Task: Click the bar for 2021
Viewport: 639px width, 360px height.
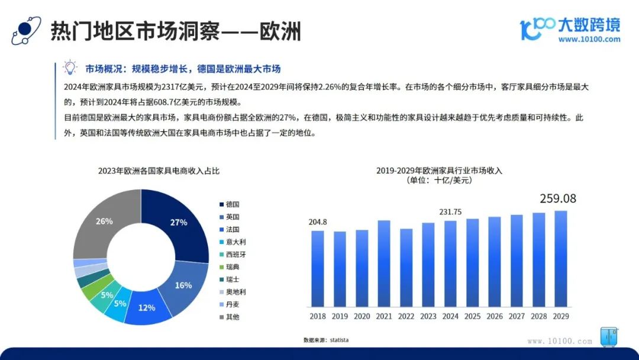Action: [x=384, y=263]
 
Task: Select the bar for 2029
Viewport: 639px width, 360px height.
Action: [x=561, y=259]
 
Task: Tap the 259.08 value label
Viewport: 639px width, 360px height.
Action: [x=558, y=198]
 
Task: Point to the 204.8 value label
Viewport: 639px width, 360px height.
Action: [x=318, y=222]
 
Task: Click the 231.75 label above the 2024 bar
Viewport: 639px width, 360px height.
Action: [x=450, y=212]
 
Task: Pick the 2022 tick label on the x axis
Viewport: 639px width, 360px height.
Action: [x=406, y=316]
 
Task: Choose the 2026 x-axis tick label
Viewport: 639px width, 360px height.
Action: [x=494, y=316]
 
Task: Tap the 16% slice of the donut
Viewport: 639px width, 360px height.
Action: [x=184, y=285]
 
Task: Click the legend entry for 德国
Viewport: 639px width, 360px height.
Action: [x=230, y=204]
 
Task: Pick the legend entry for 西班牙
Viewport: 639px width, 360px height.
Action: [x=233, y=255]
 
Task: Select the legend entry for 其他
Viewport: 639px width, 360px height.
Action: [x=230, y=317]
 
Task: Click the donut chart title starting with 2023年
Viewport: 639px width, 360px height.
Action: [x=159, y=171]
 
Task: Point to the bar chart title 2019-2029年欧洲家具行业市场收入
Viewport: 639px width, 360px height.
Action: [x=439, y=171]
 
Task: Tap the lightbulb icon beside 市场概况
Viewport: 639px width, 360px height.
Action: [x=70, y=67]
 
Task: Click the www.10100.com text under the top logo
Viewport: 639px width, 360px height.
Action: [x=589, y=40]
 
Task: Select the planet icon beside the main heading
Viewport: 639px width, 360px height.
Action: [x=26, y=30]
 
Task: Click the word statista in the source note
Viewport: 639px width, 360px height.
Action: [x=339, y=340]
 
